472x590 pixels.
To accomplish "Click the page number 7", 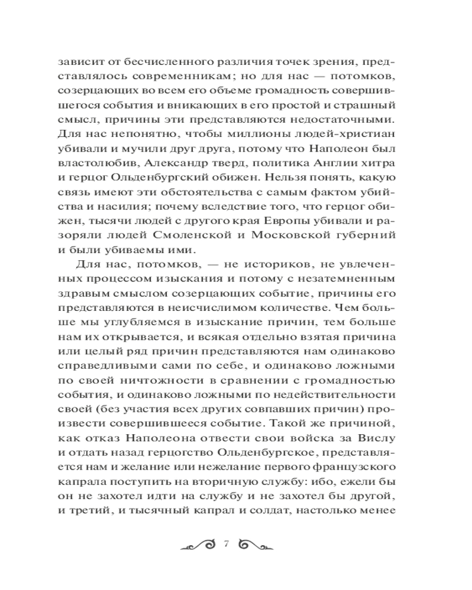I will [225, 544].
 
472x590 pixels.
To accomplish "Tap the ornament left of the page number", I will [198, 544].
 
